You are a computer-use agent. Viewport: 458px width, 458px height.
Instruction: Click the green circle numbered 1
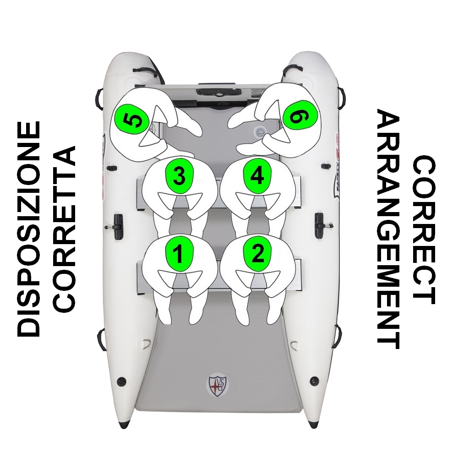click(x=179, y=254)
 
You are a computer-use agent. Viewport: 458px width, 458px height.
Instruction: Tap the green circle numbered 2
click(x=257, y=253)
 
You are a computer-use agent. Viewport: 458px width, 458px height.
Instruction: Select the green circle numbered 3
click(x=180, y=176)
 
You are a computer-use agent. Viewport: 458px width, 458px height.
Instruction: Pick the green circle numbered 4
click(x=257, y=176)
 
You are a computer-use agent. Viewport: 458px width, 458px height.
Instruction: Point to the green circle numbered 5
click(x=132, y=119)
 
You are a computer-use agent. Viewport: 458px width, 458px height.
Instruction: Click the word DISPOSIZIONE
click(x=28, y=229)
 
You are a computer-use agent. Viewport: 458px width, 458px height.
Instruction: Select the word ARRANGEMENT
click(x=388, y=229)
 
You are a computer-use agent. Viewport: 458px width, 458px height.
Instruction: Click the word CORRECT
click(x=424, y=229)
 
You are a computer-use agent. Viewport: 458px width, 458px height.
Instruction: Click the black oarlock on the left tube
click(x=117, y=225)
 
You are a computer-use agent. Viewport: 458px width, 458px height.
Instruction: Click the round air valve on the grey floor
click(x=259, y=132)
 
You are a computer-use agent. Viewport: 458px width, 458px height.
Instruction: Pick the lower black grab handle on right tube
click(x=337, y=337)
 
